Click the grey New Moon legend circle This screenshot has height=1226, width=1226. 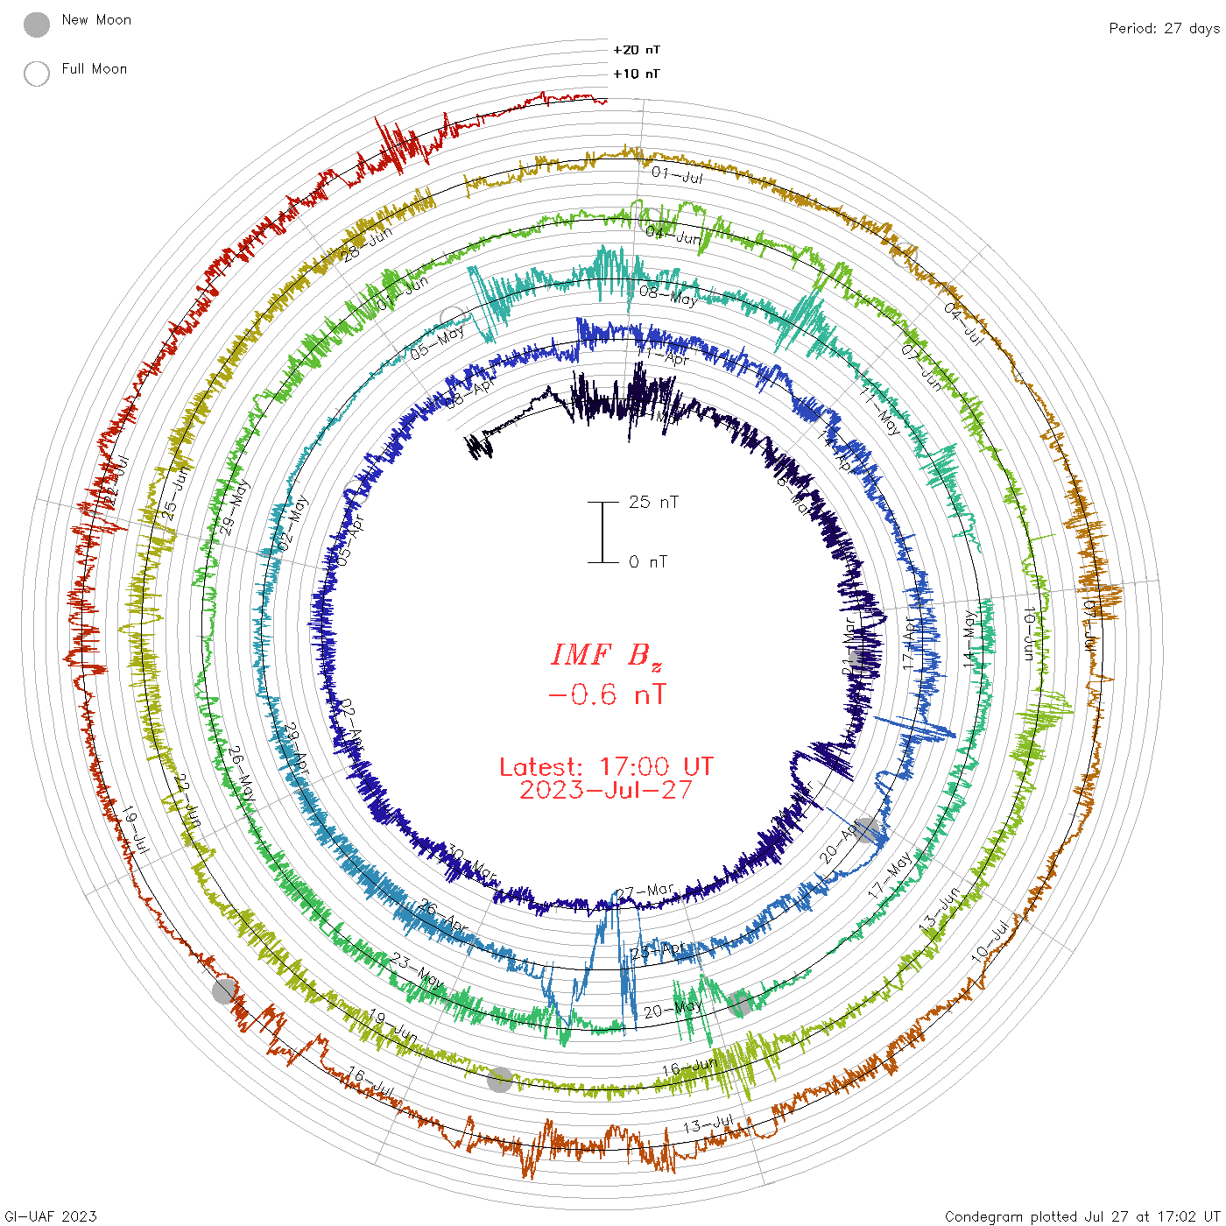tap(37, 25)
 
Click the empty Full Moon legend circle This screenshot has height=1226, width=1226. tap(37, 74)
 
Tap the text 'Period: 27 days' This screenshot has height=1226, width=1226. tap(1164, 29)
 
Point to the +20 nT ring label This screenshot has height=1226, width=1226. tap(637, 50)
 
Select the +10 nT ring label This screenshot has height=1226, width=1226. tap(637, 74)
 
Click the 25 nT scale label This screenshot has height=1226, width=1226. tap(653, 502)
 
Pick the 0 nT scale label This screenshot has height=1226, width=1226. tap(648, 561)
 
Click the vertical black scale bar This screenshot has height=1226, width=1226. tap(602, 532)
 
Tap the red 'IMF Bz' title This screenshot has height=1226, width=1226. tap(606, 655)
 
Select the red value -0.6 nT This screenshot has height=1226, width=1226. tap(606, 695)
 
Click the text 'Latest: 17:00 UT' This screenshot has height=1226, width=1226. tap(606, 767)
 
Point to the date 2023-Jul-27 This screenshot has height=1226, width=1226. tap(606, 790)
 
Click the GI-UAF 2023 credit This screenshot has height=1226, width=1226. tap(51, 1215)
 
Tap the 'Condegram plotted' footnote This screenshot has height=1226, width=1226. tap(1082, 1215)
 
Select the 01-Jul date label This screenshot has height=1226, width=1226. tap(677, 175)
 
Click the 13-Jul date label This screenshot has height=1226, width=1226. tap(708, 1124)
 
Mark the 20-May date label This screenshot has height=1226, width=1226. tap(673, 1010)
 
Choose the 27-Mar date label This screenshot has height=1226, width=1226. tap(645, 891)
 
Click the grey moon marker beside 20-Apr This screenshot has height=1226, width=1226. tap(866, 829)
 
